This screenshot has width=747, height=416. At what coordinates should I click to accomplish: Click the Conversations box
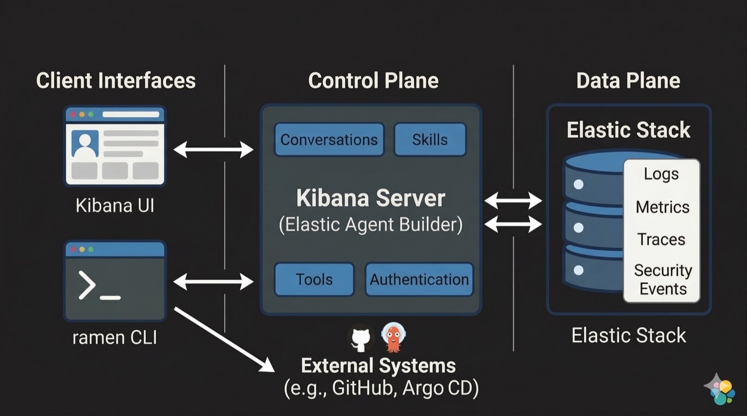point(329,140)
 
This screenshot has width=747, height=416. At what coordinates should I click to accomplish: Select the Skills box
point(430,140)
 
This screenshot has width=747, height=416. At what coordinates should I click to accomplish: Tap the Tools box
point(314,280)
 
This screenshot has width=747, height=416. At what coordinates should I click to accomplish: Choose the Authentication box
point(419,280)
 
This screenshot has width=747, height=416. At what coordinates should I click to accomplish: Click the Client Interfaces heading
point(116,81)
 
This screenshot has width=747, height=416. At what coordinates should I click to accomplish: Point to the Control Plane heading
point(373,81)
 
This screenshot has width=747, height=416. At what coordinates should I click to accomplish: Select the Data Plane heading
point(628,81)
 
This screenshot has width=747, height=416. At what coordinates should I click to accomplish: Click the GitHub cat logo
point(361,338)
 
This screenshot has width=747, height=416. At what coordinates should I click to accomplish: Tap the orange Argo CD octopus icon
point(393,337)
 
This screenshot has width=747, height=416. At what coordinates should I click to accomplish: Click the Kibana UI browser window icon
point(115,145)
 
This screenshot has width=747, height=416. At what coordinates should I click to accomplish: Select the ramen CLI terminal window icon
point(115,281)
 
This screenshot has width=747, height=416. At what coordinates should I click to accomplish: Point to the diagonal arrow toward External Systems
point(224,340)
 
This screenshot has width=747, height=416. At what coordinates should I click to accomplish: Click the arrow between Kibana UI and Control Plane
point(213,149)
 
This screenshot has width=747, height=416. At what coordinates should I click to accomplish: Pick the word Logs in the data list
point(661,174)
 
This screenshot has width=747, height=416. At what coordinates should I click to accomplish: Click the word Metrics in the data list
point(662,207)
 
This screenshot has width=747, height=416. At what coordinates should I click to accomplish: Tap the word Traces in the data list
point(661,239)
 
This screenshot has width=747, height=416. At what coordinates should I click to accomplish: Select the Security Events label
point(662,279)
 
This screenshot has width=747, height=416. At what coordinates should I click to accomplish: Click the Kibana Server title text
point(371,198)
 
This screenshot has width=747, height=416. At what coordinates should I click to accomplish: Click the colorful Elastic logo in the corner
point(721,390)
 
